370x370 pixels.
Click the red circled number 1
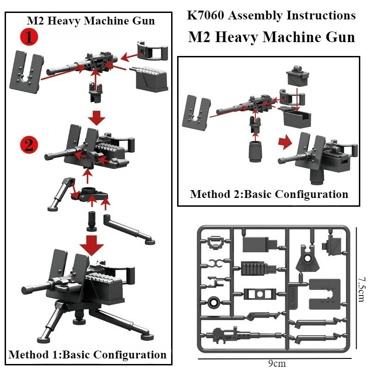point(28,37)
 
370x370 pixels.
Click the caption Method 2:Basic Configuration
point(269,194)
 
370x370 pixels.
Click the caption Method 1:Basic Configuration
point(87,355)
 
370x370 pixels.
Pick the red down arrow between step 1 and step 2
point(97,117)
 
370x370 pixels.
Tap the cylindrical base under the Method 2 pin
point(255,152)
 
